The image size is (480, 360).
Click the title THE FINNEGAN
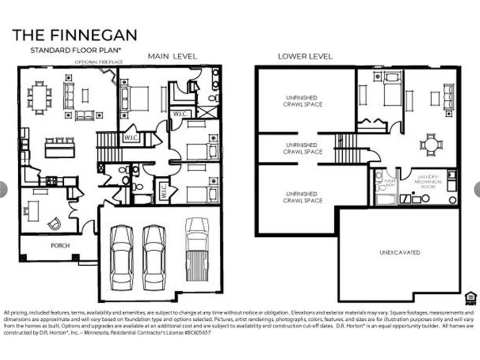click(x=75, y=35)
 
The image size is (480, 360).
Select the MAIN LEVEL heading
click(x=172, y=56)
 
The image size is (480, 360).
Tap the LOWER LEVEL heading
click(x=305, y=56)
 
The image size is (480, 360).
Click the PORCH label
click(x=60, y=245)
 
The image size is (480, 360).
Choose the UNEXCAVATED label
click(x=399, y=253)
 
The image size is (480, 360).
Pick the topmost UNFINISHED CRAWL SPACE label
click(x=303, y=101)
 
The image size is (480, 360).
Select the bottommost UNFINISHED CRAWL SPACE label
click(x=303, y=197)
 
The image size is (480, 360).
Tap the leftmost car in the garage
click(x=121, y=257)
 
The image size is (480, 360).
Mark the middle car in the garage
click(x=154, y=257)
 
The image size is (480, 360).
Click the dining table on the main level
click(x=40, y=97)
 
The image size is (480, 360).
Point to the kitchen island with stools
click(x=60, y=148)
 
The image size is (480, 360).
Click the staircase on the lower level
click(x=346, y=148)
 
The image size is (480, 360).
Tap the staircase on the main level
click(x=107, y=146)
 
